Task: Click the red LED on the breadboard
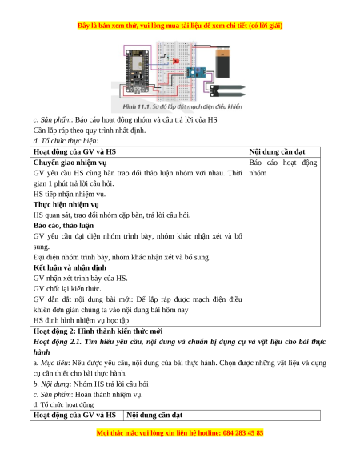coord(175,61)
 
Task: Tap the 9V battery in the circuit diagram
coord(223,63)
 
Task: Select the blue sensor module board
coord(195,71)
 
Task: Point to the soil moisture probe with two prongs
coord(227,90)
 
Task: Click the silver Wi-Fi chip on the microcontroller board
coord(137,62)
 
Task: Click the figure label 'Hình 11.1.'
coord(137,106)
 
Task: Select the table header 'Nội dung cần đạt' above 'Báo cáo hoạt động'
coord(277,151)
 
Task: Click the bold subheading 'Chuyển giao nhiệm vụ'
coord(70,163)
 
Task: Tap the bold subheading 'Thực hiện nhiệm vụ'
coord(66,204)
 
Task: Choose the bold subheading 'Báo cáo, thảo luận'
coord(63,226)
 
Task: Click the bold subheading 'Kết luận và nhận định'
coord(70,267)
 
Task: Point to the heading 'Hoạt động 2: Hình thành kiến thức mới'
coord(98,331)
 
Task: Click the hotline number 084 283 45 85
coord(243,432)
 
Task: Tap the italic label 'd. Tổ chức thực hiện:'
coord(66,141)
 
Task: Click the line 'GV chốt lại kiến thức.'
coord(67,288)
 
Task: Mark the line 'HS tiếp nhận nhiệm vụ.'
coord(70,194)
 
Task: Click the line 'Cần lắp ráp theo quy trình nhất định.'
coord(90,131)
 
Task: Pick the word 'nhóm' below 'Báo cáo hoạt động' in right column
coord(258,173)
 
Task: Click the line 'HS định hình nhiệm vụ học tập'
coord(81,320)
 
